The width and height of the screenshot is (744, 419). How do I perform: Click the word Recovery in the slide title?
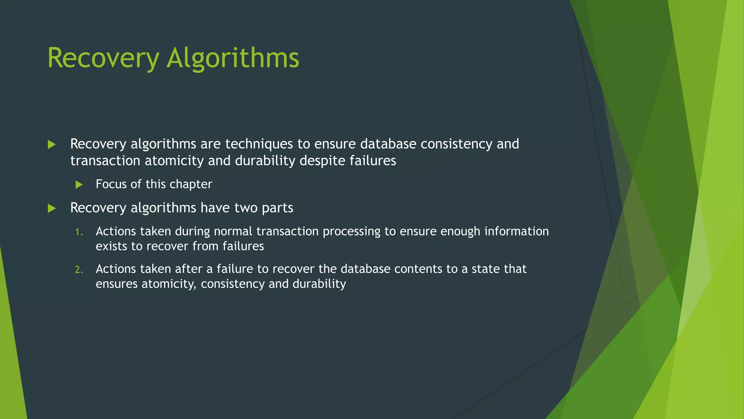tap(103, 58)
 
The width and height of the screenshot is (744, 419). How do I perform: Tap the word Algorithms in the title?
tap(233, 58)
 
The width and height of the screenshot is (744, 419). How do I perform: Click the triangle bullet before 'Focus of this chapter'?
tap(79, 185)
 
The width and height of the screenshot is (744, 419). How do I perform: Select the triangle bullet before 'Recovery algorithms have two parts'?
tap(52, 208)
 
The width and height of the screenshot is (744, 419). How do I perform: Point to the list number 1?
tap(79, 232)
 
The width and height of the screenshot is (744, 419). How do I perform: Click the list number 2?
tap(79, 270)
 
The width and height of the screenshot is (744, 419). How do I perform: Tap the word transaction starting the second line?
tap(105, 161)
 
